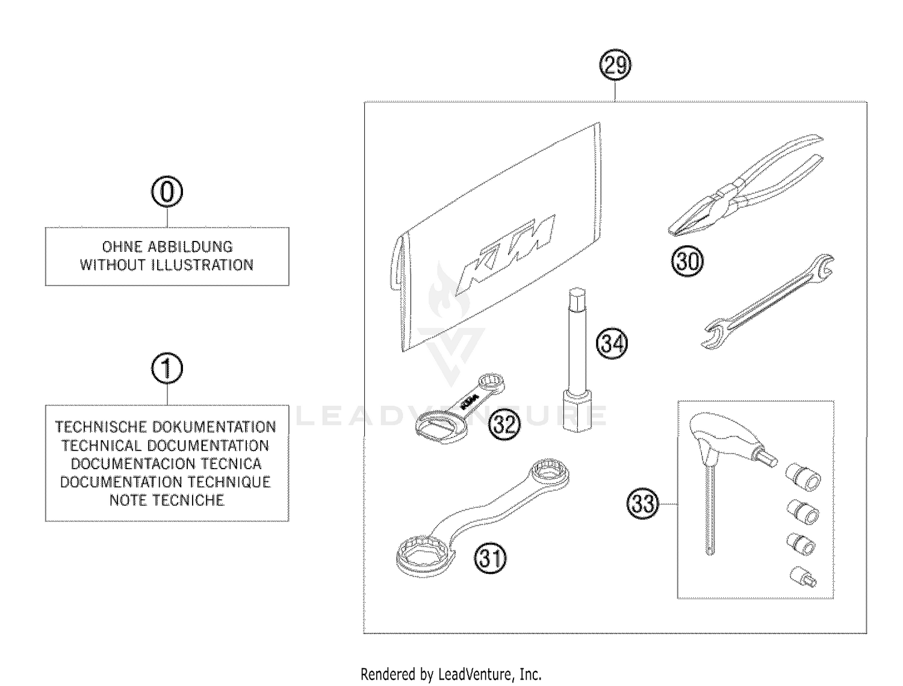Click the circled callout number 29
[615, 65]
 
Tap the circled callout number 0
[167, 192]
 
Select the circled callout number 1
[167, 369]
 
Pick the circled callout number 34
[612, 343]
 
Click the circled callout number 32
[503, 425]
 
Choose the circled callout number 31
[491, 558]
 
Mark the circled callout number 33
[643, 503]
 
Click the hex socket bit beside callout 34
[577, 361]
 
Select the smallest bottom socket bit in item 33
[802, 577]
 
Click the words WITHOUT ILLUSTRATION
[167, 265]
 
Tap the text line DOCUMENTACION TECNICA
[167, 464]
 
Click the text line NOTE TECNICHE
[167, 500]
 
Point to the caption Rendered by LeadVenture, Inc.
[451, 674]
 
